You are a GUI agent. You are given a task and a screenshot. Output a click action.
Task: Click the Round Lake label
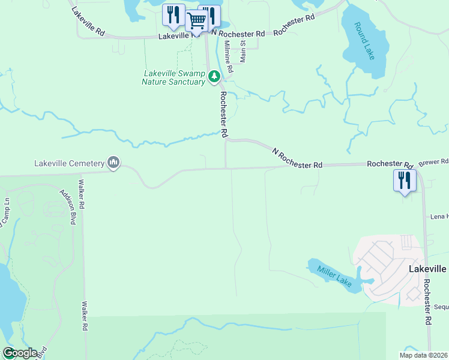click(364, 41)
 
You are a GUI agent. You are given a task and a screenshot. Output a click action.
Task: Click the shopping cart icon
click(196, 22)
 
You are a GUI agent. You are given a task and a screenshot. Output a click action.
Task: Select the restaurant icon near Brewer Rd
click(405, 180)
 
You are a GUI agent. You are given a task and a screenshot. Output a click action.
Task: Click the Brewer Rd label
click(433, 162)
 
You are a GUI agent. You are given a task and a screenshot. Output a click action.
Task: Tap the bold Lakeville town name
click(427, 269)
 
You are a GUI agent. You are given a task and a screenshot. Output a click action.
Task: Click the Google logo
click(19, 353)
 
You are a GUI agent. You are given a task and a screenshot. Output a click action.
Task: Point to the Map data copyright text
click(423, 355)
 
